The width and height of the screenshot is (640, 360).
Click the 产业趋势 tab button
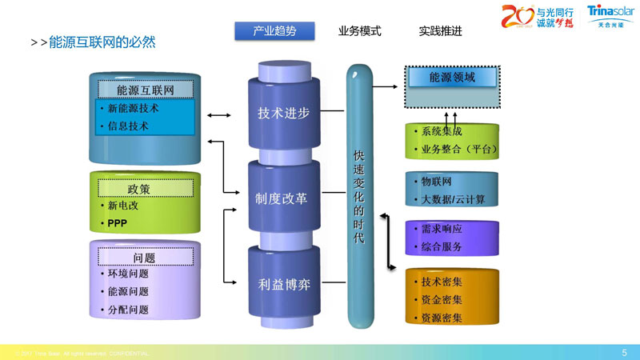(x=274, y=31)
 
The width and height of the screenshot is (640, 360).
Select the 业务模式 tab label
(x=360, y=31)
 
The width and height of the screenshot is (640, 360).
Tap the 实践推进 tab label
(x=440, y=31)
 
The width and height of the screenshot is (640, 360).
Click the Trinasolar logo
(x=610, y=16)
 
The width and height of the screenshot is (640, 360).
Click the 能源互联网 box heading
(x=145, y=89)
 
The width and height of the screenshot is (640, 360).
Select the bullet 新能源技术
(x=133, y=108)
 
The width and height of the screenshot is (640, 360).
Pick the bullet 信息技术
(x=127, y=126)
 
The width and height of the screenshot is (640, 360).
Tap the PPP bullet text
(x=118, y=222)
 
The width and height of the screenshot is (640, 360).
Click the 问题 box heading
(x=144, y=258)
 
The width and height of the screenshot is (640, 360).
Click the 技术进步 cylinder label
(x=283, y=113)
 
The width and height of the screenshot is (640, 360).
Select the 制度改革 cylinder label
(x=282, y=198)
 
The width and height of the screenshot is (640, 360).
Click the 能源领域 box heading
(x=452, y=78)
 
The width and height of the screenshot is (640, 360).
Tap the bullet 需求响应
(x=442, y=229)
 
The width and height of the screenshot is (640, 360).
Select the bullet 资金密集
(x=442, y=300)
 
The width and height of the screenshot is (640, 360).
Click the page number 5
(x=624, y=352)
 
